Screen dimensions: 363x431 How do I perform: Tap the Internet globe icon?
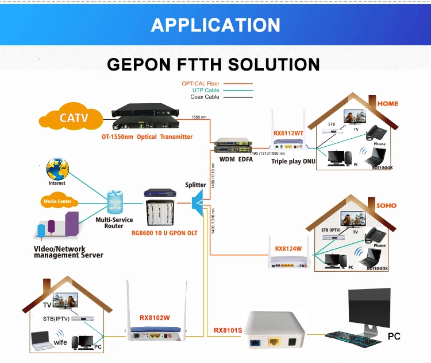(57, 170)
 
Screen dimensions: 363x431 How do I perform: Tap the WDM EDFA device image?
(233, 147)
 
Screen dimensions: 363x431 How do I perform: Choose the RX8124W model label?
(288, 248)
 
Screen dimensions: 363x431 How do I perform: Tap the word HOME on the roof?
(387, 104)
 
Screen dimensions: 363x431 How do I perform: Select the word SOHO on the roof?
(386, 205)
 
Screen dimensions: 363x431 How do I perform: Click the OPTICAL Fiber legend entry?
(201, 84)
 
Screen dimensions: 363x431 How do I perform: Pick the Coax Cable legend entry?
(205, 97)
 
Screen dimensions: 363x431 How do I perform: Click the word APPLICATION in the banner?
(215, 25)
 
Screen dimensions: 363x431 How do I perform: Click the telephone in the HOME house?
(376, 131)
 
